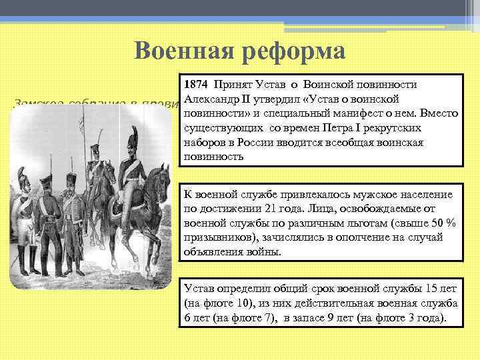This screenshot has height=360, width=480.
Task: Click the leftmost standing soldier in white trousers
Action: tap(25, 220)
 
